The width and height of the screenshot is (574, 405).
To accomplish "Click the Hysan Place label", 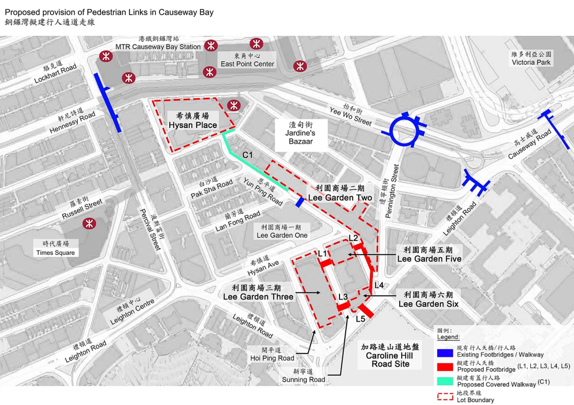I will (x=193, y=121).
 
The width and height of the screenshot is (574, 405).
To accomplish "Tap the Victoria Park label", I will (x=531, y=59).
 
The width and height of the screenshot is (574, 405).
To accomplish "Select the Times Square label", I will (x=55, y=248).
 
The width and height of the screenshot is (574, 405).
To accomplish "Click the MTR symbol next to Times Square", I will (x=89, y=223).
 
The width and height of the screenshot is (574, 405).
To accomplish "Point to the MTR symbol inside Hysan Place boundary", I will (x=234, y=105).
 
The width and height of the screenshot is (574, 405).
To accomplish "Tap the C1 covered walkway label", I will (x=247, y=155).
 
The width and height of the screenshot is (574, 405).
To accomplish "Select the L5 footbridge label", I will (x=360, y=319).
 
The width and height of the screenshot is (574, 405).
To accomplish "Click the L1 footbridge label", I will (x=322, y=253).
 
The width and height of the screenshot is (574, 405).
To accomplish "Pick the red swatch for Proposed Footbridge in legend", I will (x=445, y=367).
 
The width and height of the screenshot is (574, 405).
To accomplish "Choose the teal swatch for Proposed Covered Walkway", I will (x=445, y=381).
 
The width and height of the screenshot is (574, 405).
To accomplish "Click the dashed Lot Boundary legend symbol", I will (x=445, y=396).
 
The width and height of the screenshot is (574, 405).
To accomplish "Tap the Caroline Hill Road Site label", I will (x=389, y=356).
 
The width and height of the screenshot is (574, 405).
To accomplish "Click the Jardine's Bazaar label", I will (x=300, y=133).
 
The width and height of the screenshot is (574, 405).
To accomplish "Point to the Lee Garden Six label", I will (x=428, y=299).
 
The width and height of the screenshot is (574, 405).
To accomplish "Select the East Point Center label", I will (x=247, y=60).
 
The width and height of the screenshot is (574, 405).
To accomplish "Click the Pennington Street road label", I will (x=392, y=191).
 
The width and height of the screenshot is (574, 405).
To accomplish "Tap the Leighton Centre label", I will (x=132, y=312).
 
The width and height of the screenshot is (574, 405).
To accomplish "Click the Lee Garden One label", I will (x=282, y=232).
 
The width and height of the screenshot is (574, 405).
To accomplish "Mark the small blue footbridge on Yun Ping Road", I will (x=300, y=202).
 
